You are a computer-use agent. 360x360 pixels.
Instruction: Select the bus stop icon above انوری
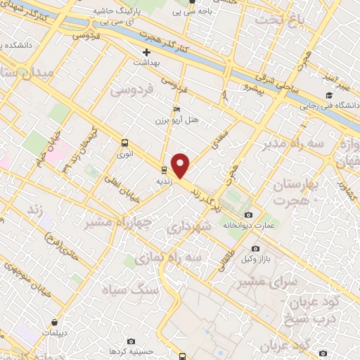click(124, 141)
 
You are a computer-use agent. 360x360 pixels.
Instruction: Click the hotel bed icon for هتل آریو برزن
click(176, 110)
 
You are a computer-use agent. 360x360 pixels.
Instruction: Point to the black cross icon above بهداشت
click(146, 53)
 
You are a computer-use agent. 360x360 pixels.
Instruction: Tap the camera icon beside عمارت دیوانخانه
click(247, 214)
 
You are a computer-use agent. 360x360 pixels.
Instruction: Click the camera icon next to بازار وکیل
click(255, 249)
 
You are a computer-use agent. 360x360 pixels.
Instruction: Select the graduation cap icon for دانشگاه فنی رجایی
click(328, 96)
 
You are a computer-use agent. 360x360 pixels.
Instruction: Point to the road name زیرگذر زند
click(207, 185)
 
